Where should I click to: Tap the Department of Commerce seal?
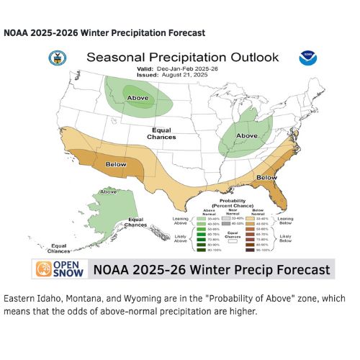(x=55, y=58)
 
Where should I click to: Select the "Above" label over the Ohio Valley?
(x=246, y=134)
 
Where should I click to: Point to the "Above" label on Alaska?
(x=109, y=192)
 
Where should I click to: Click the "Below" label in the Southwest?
(x=116, y=164)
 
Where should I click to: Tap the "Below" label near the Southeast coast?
(x=267, y=177)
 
